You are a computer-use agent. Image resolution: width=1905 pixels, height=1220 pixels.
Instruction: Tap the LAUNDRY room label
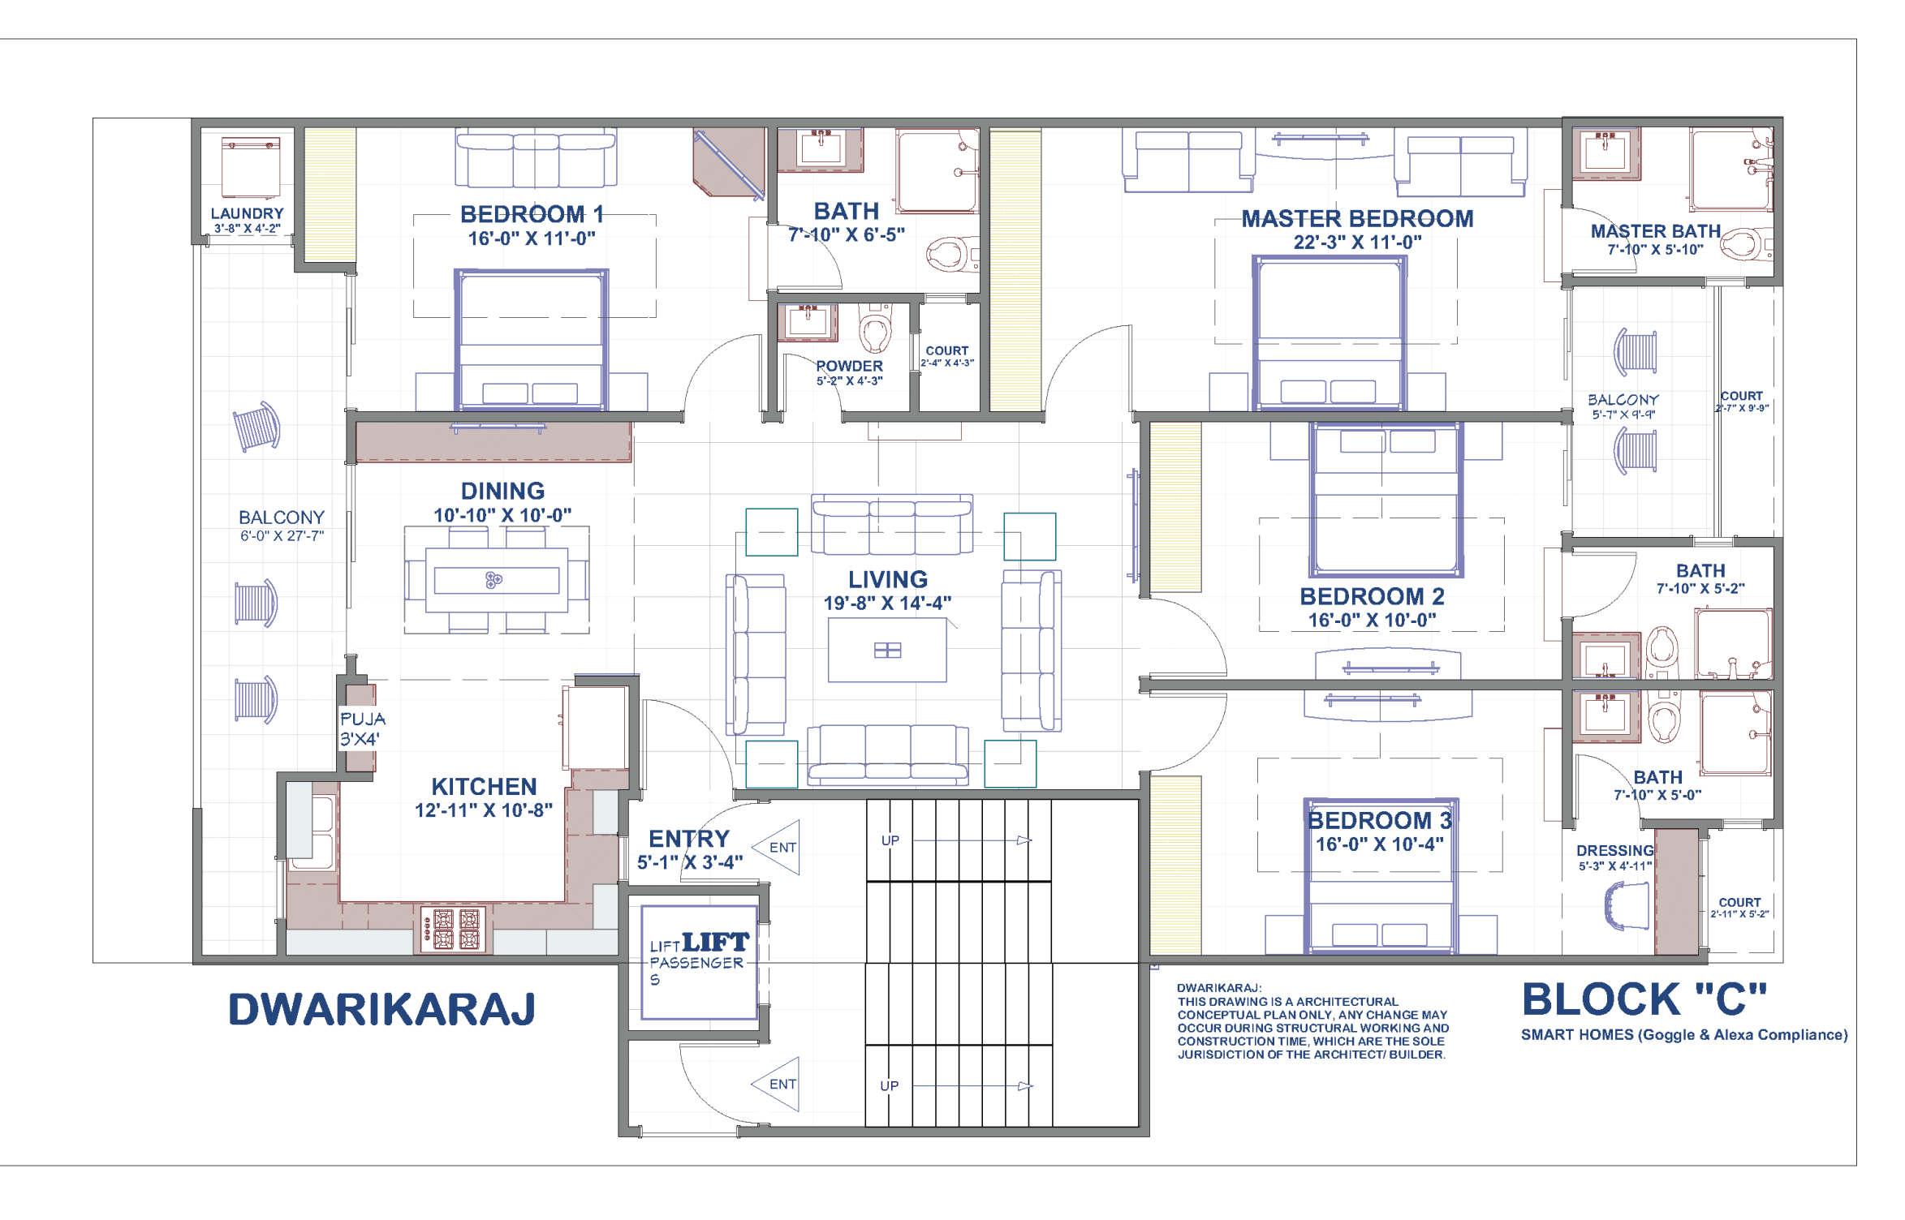pos(247,213)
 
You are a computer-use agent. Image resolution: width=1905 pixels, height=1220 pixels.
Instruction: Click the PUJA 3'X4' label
pos(362,728)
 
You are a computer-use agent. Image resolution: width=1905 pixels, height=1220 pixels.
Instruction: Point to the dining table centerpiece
pos(493,579)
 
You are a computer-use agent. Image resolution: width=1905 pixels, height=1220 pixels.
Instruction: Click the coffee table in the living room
pos(887,650)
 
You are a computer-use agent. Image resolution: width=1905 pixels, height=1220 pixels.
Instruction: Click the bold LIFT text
pos(715,942)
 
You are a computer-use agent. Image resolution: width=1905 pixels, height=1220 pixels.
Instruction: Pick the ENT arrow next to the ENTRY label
pos(778,847)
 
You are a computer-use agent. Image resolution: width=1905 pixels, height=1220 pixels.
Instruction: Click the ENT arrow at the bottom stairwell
pos(778,1084)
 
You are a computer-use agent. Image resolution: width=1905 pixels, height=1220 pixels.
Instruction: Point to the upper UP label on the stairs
pos(890,840)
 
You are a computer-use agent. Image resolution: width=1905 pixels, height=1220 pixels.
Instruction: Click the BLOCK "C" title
pos(1643,999)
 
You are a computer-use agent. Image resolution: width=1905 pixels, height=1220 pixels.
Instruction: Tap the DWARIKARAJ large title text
pos(381,1009)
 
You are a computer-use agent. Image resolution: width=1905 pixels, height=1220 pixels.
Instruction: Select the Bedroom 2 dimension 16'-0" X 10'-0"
pos(1372,620)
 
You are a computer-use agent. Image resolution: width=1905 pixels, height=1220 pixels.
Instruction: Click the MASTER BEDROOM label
pos(1357,218)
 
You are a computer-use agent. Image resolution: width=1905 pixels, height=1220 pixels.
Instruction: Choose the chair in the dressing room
pos(1627,906)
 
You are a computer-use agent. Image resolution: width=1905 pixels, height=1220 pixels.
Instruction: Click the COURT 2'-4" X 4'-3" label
pos(946,356)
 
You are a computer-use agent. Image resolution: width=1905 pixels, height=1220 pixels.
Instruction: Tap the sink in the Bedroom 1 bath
pos(821,149)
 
